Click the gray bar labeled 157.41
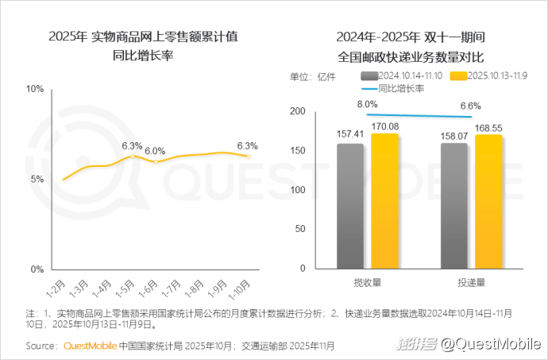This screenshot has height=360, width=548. (350, 206)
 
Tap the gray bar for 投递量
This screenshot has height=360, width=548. (454, 206)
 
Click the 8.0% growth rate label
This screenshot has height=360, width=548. (367, 104)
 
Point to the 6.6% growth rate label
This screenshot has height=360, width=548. (471, 106)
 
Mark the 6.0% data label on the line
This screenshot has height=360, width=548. (155, 150)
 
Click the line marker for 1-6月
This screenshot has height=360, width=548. (156, 161)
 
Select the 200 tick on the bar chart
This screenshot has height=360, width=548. (299, 111)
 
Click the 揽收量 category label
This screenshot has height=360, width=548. (367, 282)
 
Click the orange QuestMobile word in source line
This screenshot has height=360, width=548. (90, 346)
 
